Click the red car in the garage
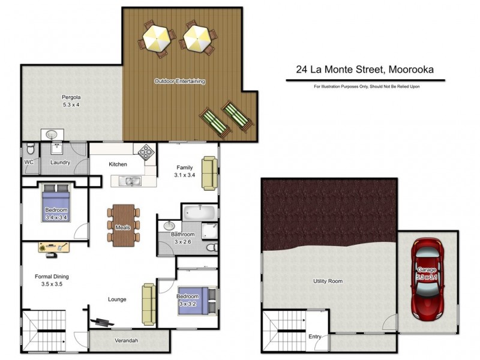(x=427, y=278)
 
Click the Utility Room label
(x=328, y=281)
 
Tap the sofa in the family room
(x=209, y=173)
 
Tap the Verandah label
(x=127, y=341)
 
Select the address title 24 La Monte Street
(x=364, y=70)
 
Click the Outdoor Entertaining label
(x=180, y=81)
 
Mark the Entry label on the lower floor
(x=314, y=337)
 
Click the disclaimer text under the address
(x=366, y=87)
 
